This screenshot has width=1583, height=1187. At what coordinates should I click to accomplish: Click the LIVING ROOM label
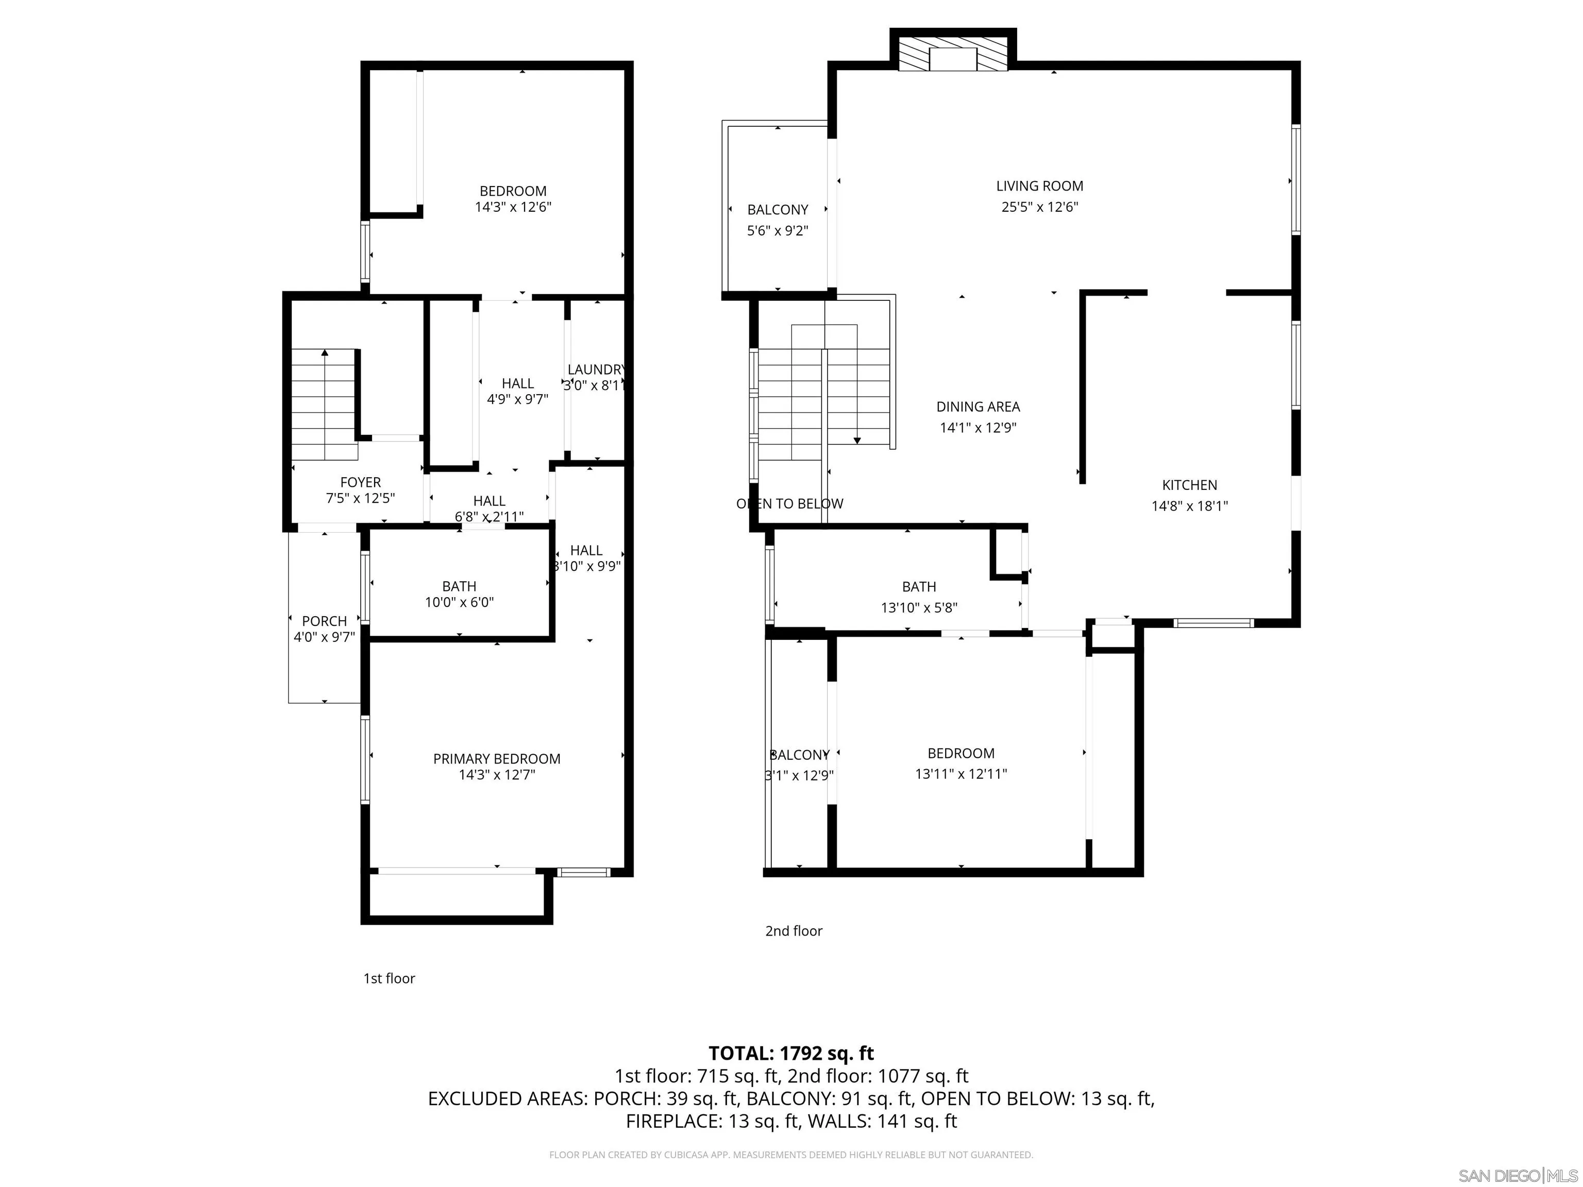click(x=1039, y=186)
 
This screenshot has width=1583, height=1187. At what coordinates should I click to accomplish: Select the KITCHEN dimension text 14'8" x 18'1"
click(x=1189, y=506)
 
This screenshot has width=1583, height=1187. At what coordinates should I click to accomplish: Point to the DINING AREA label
click(x=978, y=406)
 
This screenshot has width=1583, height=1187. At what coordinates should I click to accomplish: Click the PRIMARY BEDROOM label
click(x=497, y=758)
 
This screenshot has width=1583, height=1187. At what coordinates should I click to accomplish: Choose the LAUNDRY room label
click(x=595, y=369)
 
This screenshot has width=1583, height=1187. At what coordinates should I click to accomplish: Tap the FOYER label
click(x=360, y=482)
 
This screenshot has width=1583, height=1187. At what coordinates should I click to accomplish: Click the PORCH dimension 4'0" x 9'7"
click(x=324, y=637)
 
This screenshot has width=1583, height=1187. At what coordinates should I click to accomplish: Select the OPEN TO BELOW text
click(x=789, y=504)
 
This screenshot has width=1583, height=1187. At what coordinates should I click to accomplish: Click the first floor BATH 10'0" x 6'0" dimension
click(x=459, y=602)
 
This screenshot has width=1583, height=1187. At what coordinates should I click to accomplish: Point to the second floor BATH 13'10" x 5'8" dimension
click(x=919, y=607)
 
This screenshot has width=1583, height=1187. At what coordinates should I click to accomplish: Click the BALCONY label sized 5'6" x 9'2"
click(x=777, y=210)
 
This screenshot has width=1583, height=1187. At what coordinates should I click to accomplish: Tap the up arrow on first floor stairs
click(x=325, y=353)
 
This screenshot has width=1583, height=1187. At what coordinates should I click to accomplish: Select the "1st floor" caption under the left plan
click(x=389, y=978)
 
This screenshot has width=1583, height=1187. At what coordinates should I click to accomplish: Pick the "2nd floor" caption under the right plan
click(x=794, y=931)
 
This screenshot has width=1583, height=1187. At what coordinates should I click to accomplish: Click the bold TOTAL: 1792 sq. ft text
click(x=791, y=1053)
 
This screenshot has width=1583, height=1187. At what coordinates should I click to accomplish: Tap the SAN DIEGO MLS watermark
click(x=1517, y=1176)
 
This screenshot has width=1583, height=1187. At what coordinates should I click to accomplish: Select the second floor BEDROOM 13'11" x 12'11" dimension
click(x=961, y=773)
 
